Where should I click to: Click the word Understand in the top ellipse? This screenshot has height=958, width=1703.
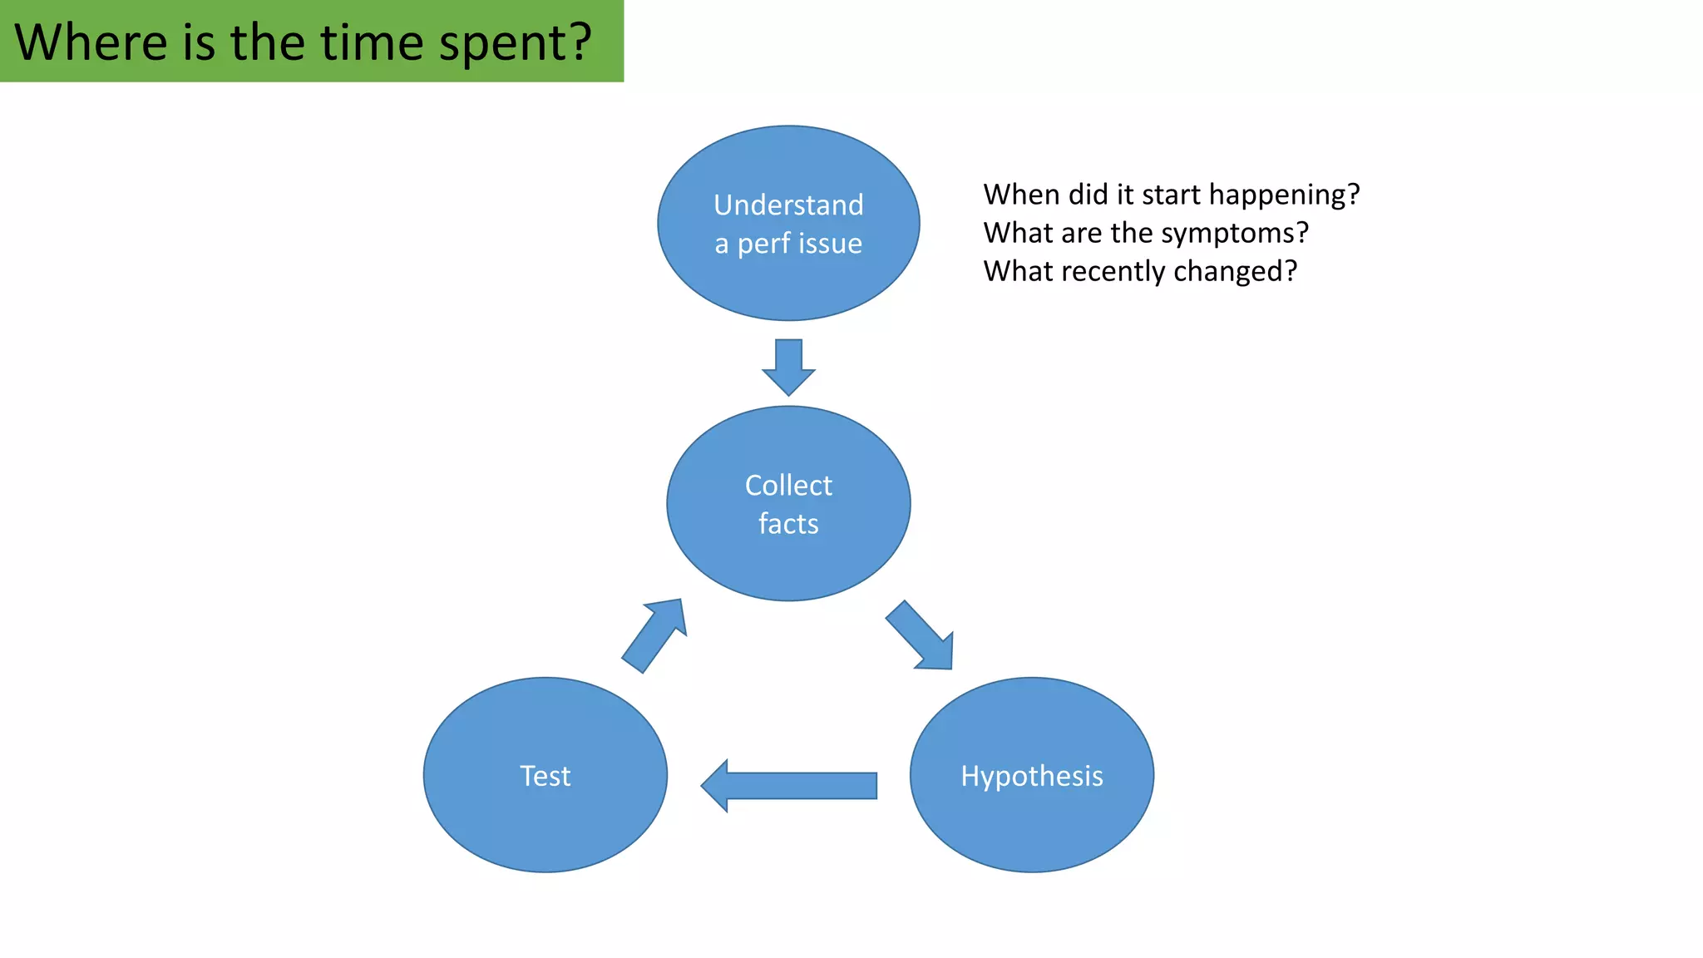[788, 205]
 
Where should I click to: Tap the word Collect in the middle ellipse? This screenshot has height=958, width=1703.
[788, 485]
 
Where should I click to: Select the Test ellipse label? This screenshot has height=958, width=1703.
[545, 776]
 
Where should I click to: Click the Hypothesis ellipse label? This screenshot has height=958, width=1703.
[1031, 776]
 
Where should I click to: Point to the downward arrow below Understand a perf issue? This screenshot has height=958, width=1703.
[788, 367]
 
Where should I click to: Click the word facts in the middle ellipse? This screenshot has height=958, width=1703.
[788, 524]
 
